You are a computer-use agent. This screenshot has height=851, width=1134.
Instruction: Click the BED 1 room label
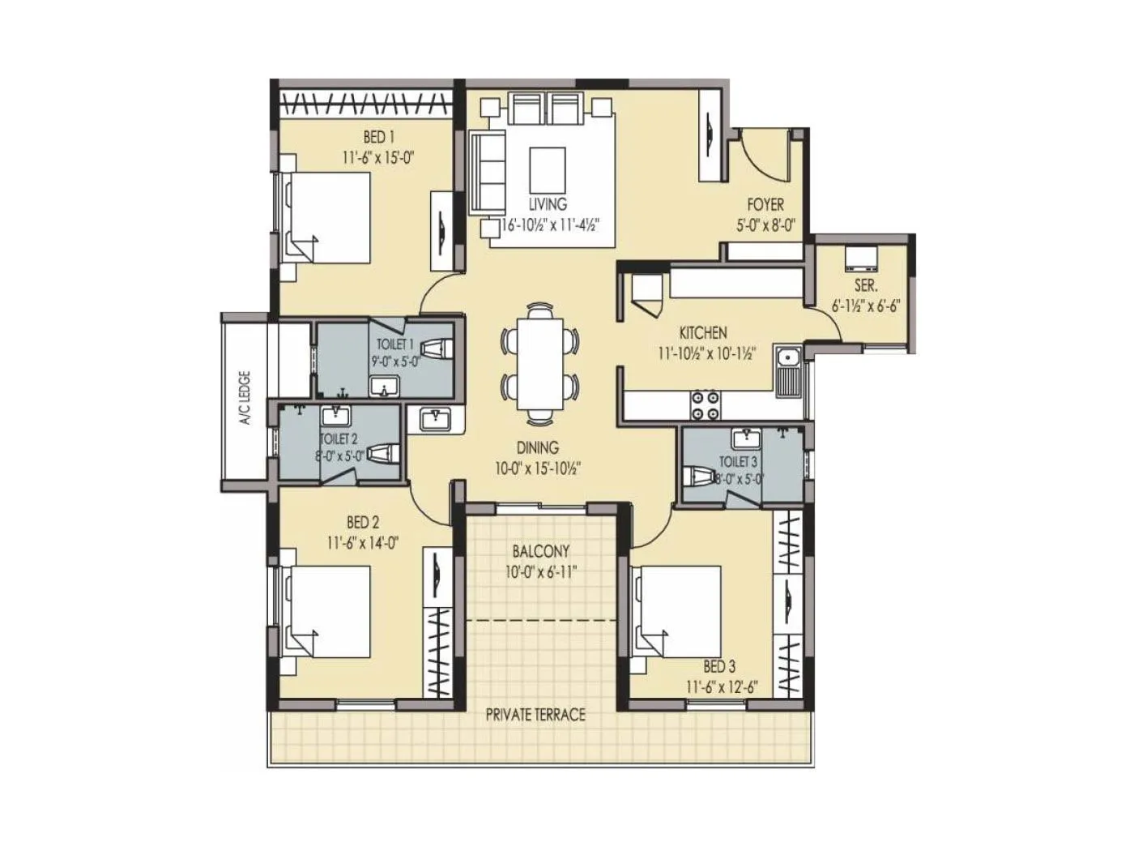373,137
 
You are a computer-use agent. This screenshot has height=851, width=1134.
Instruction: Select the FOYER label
764,206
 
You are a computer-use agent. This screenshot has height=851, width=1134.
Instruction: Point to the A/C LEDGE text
244,398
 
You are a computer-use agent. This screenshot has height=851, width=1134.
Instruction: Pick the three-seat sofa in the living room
486,171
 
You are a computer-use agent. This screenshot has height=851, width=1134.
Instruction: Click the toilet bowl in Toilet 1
437,349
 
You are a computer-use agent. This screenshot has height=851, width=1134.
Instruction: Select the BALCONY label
540,551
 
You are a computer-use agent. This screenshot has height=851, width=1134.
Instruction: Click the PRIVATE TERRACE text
535,715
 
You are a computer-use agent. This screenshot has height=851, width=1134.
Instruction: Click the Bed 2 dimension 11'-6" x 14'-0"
364,543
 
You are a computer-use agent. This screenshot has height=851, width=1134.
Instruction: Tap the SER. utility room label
865,286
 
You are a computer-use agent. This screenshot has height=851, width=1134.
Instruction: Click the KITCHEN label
702,332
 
